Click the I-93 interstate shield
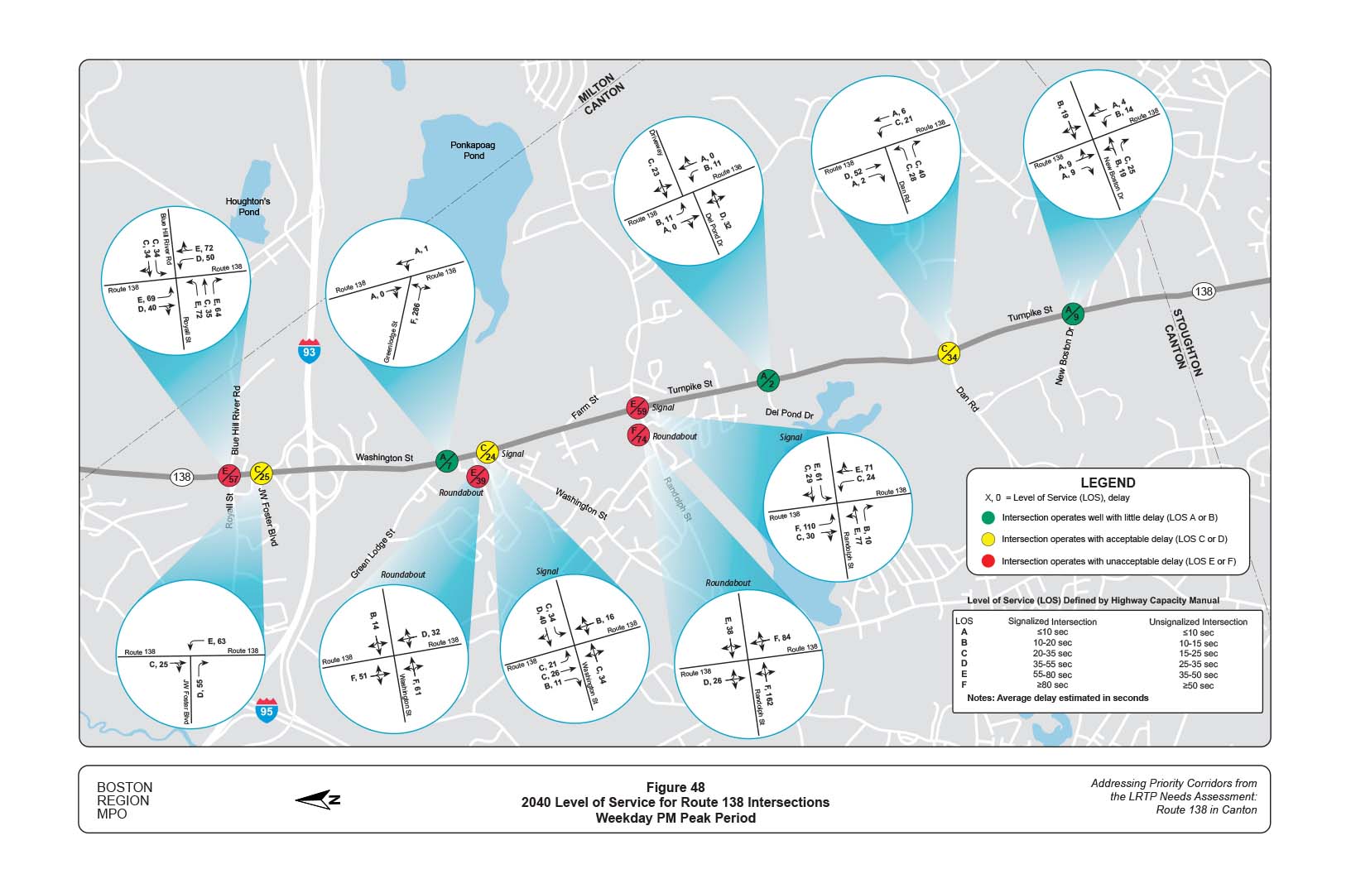pos(309,350)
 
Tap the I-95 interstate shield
pos(266,710)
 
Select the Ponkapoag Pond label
pos(473,150)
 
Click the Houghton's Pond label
pos(248,206)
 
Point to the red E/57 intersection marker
pos(228,475)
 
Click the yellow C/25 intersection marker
pos(261,473)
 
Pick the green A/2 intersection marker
pos(768,381)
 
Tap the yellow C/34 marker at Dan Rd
pos(948,353)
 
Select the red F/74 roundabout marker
pos(637,435)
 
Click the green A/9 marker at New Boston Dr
pos(1072,313)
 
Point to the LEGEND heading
pos(1108,483)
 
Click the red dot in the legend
pos(988,562)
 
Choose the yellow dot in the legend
pos(988,540)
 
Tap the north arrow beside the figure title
pos(318,800)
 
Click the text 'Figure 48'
pos(675,787)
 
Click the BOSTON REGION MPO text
pos(124,800)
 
